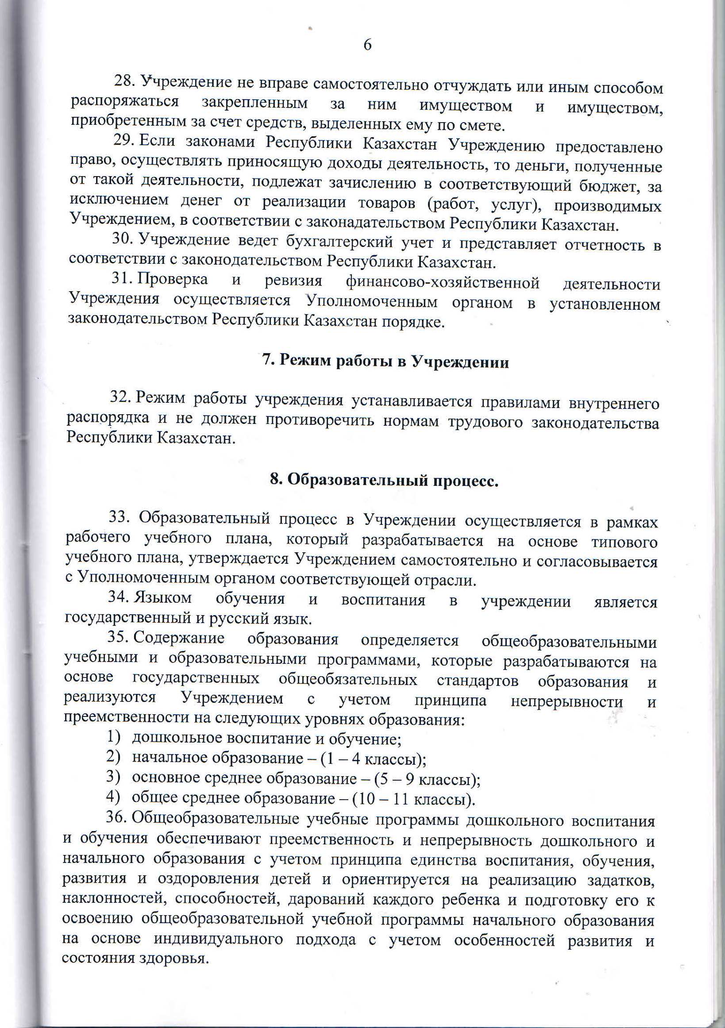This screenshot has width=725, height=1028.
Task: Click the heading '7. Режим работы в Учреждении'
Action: [385, 361]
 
